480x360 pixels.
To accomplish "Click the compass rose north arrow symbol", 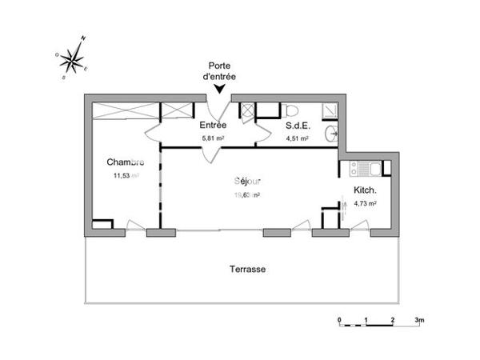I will (x=74, y=58).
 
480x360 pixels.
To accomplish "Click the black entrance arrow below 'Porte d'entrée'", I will (x=220, y=90).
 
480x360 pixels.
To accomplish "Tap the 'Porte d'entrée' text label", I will (x=220, y=70).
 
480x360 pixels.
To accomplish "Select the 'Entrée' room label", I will (x=213, y=126).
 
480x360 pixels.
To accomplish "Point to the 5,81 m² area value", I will (x=213, y=138).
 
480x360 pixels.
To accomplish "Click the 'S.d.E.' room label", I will (x=298, y=126).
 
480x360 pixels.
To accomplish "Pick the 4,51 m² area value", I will (x=298, y=138).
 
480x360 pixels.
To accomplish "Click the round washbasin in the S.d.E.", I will (x=333, y=133).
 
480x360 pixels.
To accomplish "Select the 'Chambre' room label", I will (x=126, y=162).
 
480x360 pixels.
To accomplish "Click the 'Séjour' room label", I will (x=246, y=182).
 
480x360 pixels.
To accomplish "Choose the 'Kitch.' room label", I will (x=366, y=190).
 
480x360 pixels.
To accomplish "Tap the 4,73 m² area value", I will (x=365, y=203).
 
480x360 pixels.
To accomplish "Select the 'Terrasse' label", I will (x=247, y=270).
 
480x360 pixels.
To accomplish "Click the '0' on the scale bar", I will (x=340, y=320).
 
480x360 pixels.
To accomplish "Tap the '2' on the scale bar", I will (x=392, y=320).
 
